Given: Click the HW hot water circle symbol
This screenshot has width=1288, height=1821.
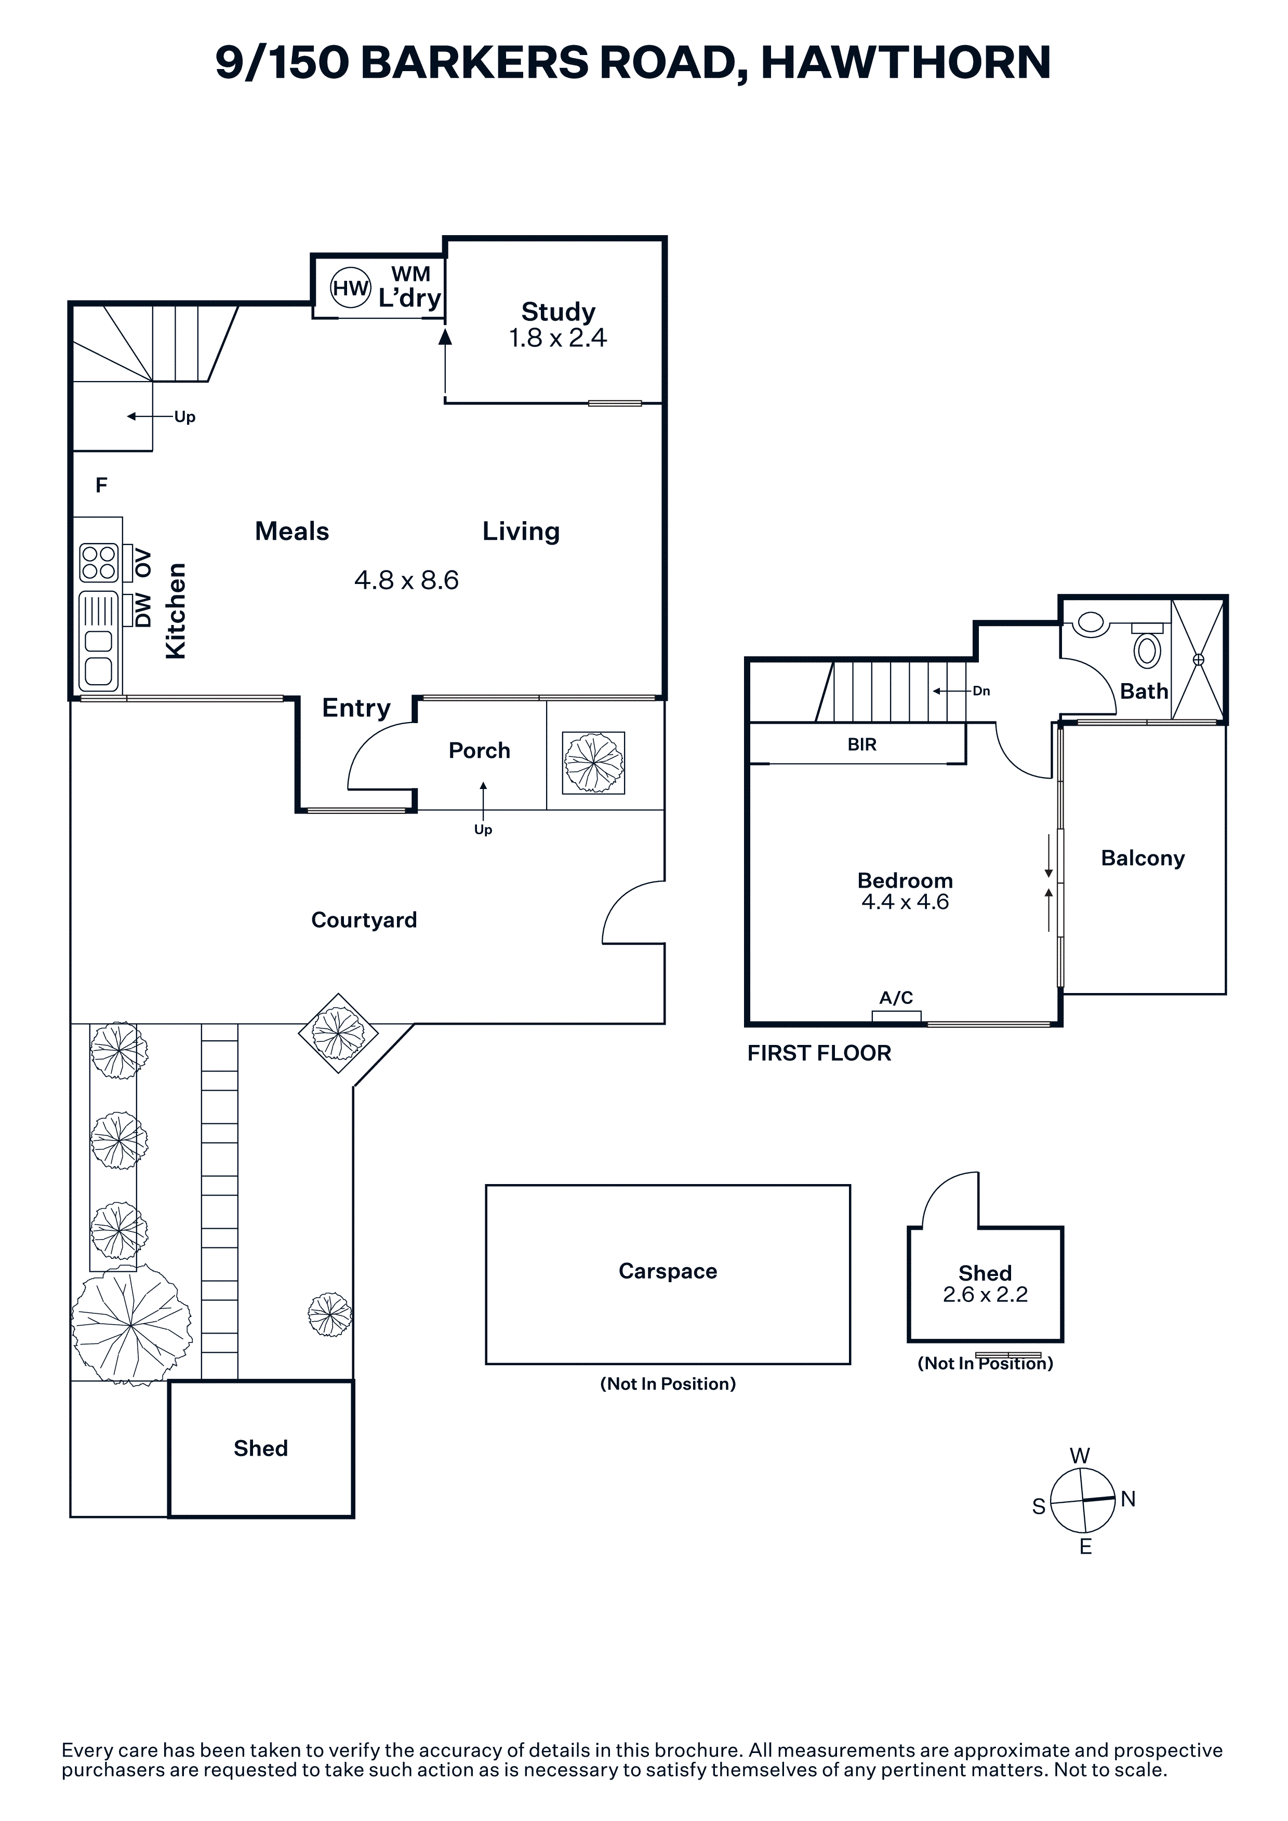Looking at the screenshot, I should (x=350, y=289).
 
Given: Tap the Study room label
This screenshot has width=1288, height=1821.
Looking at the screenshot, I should (x=558, y=311).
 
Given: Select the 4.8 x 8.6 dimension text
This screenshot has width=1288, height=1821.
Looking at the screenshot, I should (x=406, y=580).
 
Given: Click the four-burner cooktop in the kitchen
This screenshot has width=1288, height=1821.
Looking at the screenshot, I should (x=99, y=562).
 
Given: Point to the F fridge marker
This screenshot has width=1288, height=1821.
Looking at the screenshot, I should (x=102, y=485).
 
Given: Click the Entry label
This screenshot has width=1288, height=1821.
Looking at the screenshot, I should (x=356, y=708).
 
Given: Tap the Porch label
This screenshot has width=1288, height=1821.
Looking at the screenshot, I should (x=480, y=750).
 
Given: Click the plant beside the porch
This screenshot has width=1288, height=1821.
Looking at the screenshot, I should (x=594, y=763).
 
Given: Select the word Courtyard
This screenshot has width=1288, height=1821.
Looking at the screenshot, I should (x=364, y=920).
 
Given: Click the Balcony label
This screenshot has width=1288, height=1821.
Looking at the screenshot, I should (x=1143, y=858).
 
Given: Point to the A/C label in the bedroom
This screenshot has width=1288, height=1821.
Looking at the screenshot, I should (x=896, y=998).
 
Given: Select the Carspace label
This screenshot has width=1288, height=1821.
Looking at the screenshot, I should (x=668, y=1271).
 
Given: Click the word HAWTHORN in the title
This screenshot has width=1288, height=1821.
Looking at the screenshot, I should (x=906, y=63).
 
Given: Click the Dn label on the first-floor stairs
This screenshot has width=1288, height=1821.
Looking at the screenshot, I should (x=981, y=691).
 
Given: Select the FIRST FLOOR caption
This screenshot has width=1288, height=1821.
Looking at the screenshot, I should (x=819, y=1053).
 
